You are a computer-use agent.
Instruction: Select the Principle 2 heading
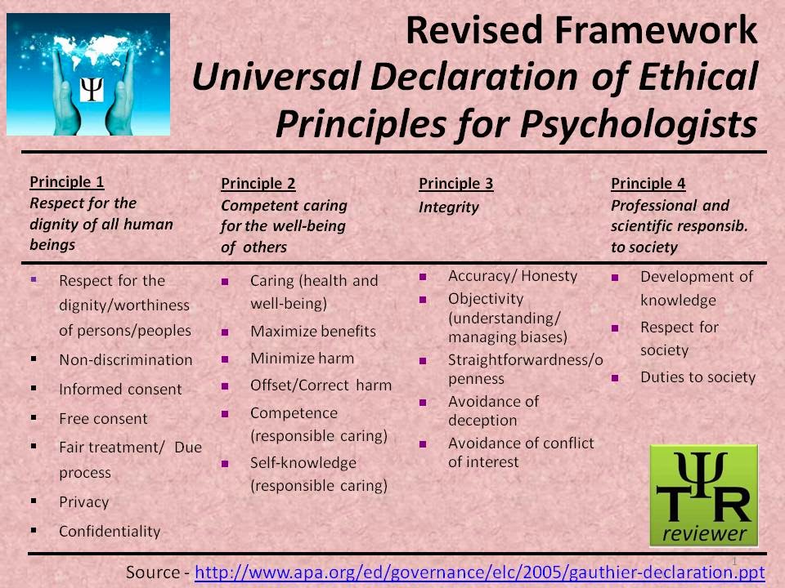pos(258,184)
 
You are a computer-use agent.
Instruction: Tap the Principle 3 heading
pos(456,184)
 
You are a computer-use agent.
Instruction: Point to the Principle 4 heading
pos(648,184)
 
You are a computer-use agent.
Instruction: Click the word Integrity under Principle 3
pos(449,207)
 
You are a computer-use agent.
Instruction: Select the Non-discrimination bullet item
pos(126,359)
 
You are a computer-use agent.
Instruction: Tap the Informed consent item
pos(120,390)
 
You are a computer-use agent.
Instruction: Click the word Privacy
pos(83,501)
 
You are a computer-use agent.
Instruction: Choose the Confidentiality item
pos(110,531)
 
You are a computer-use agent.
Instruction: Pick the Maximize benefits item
pos(313,331)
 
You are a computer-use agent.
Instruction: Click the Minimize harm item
pos(303,358)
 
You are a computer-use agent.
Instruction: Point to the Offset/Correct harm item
pos(321,385)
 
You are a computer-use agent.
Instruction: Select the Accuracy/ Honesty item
pos(513,276)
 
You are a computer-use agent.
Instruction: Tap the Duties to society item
pos(698,377)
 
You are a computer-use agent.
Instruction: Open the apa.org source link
pos(480,572)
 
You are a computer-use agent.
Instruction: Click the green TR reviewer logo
pos(703,495)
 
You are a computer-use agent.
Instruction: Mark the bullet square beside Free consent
pos(34,418)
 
